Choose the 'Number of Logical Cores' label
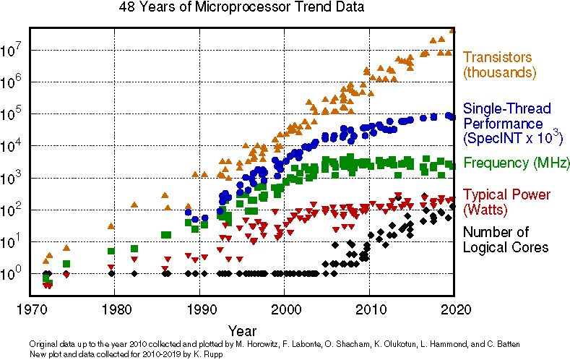505,239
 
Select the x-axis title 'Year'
241,329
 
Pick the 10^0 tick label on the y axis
14,274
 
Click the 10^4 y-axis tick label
14,146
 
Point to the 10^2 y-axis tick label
14,210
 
